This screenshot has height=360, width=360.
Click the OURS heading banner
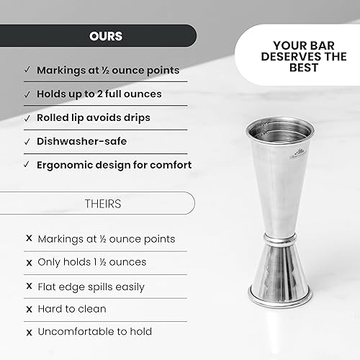[x=106, y=35]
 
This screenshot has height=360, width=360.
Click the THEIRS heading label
[x=106, y=204]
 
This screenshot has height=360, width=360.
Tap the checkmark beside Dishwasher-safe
[x=27, y=141]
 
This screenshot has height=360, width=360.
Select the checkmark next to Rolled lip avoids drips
[x=27, y=117]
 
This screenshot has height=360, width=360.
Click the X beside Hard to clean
[x=28, y=309]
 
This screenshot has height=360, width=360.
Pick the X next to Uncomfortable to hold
[x=28, y=332]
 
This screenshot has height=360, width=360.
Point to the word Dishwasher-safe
[x=76, y=141]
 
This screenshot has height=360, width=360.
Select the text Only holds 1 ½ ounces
[x=91, y=262]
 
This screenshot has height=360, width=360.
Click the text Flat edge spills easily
[x=91, y=286]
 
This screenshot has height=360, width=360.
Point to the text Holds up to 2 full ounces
[x=99, y=94]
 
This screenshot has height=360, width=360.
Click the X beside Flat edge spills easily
[x=28, y=286]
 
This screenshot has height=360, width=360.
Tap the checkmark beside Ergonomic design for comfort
[x=27, y=165]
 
